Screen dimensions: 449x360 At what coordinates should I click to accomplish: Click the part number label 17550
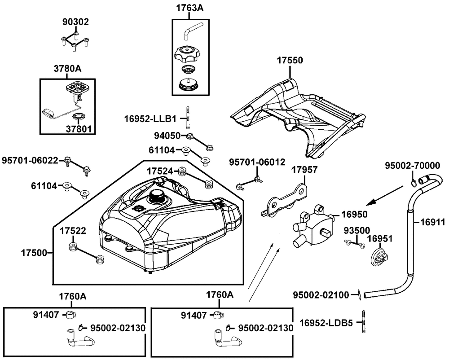coord(290,60)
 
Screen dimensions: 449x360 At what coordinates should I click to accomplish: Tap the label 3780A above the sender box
coord(68,69)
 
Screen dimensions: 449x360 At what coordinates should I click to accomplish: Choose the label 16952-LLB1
coord(150,119)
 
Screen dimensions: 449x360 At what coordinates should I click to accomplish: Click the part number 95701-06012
coord(257,162)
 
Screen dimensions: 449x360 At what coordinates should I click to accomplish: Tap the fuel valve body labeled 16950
coord(313,227)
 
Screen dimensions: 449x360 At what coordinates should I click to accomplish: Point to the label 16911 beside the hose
coord(433,222)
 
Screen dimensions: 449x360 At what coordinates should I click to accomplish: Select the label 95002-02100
coord(321,295)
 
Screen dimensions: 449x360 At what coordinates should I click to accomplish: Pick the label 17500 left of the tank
coord(34,253)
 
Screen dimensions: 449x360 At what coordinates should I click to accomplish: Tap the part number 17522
coord(73,231)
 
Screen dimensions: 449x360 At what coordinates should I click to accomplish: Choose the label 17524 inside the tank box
coord(160,171)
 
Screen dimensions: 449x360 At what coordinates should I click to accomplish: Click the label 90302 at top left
coord(75,22)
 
